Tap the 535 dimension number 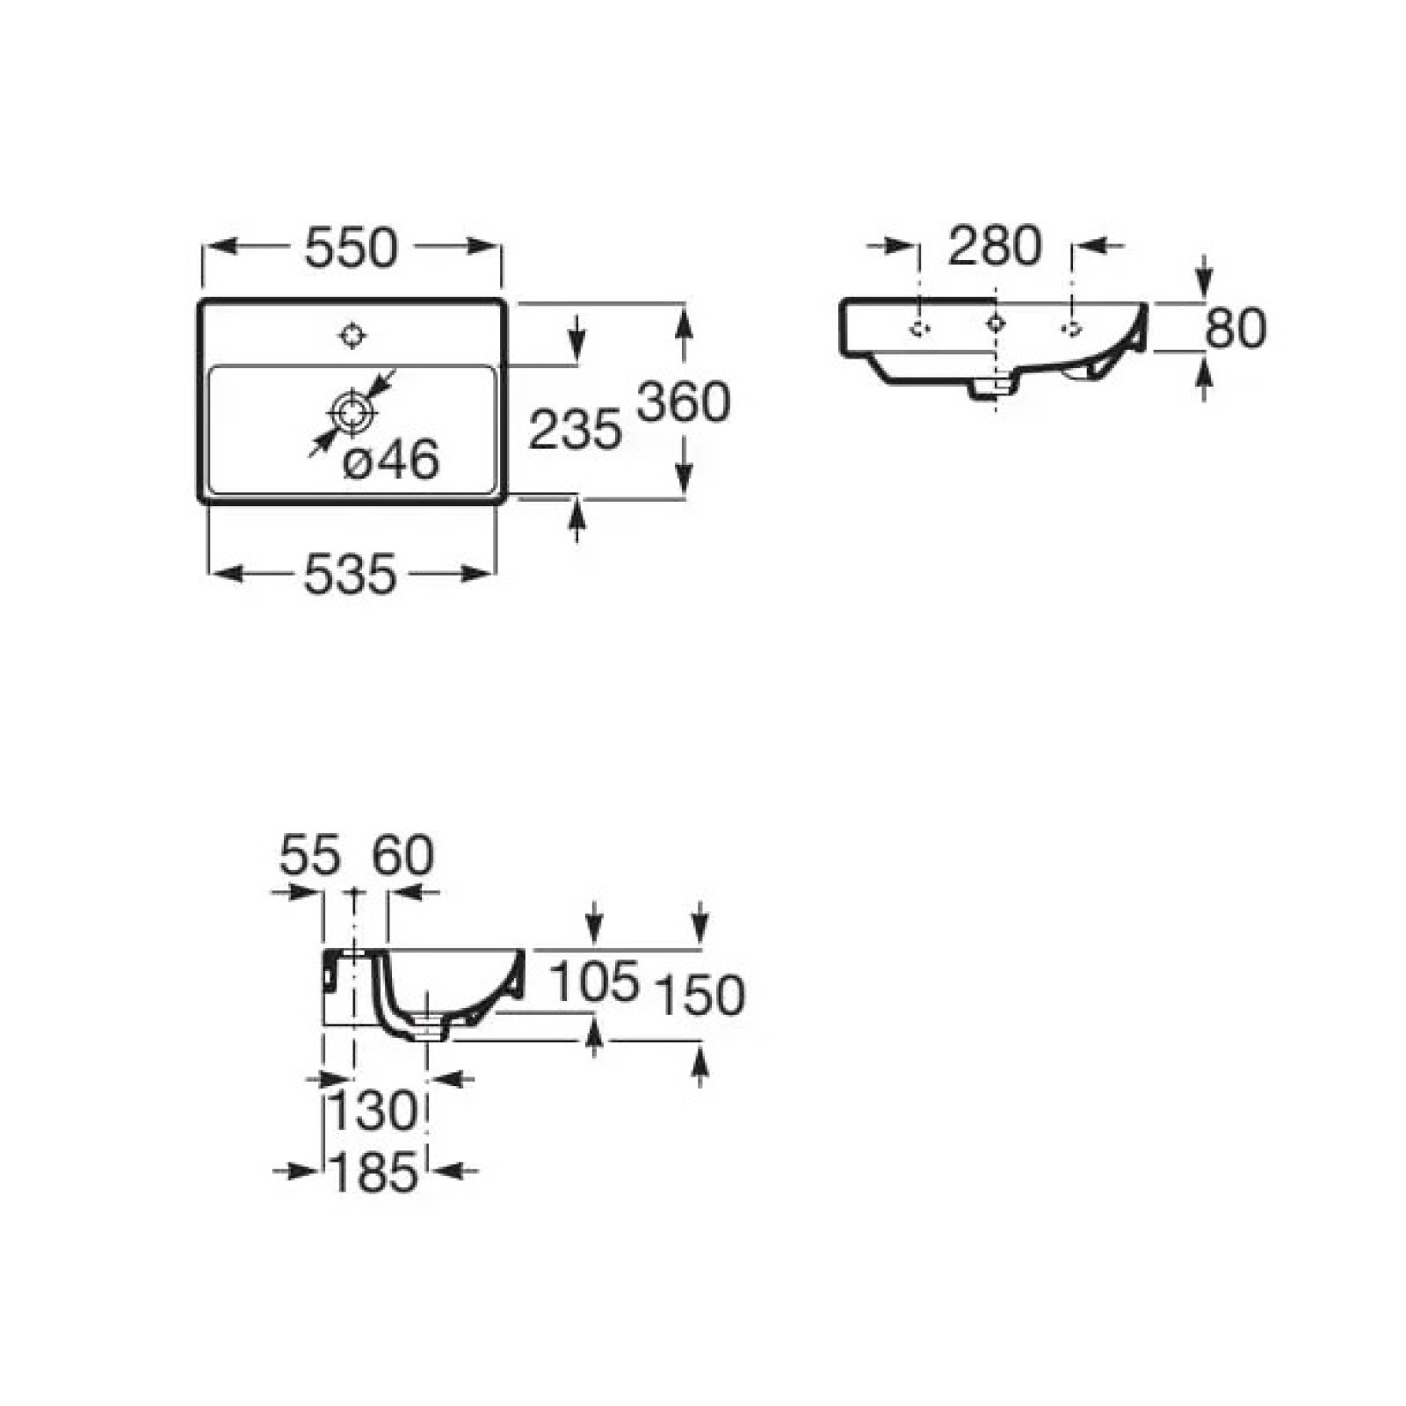(x=351, y=576)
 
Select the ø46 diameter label (x=391, y=460)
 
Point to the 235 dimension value (x=575, y=431)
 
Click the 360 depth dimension (x=684, y=402)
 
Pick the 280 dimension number (x=995, y=245)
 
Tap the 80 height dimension (x=1236, y=328)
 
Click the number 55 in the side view (x=310, y=855)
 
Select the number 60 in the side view (x=403, y=855)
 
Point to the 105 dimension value (x=594, y=981)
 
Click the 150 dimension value (x=700, y=996)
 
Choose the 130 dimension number (x=373, y=1112)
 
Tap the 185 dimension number (x=373, y=1173)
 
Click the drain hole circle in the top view (x=353, y=411)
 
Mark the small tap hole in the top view (x=353, y=335)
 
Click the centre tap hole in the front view (x=995, y=323)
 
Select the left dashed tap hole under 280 (x=919, y=329)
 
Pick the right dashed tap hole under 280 (x=1071, y=329)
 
